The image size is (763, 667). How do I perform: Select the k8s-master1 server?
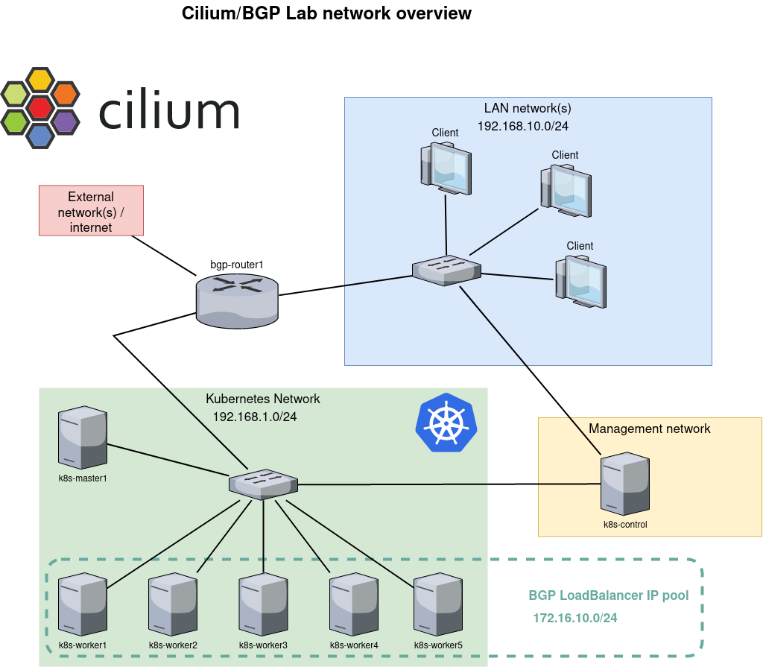click(x=83, y=437)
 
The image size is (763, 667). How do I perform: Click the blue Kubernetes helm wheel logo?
click(x=446, y=423)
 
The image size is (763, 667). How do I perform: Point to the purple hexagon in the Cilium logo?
click(x=66, y=121)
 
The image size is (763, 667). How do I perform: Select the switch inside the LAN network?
click(x=446, y=270)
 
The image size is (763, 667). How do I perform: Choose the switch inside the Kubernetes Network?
click(x=263, y=484)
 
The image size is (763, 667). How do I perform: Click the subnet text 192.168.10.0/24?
click(x=523, y=126)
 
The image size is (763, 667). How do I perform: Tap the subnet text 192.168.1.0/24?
click(x=255, y=417)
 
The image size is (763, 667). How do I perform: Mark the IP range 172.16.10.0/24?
click(x=575, y=618)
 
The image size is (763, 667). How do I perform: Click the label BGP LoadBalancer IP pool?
click(x=609, y=595)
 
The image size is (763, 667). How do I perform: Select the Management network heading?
click(x=649, y=429)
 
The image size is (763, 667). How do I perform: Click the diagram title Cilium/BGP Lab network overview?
click(x=326, y=13)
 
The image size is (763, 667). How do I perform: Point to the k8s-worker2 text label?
click(x=173, y=645)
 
